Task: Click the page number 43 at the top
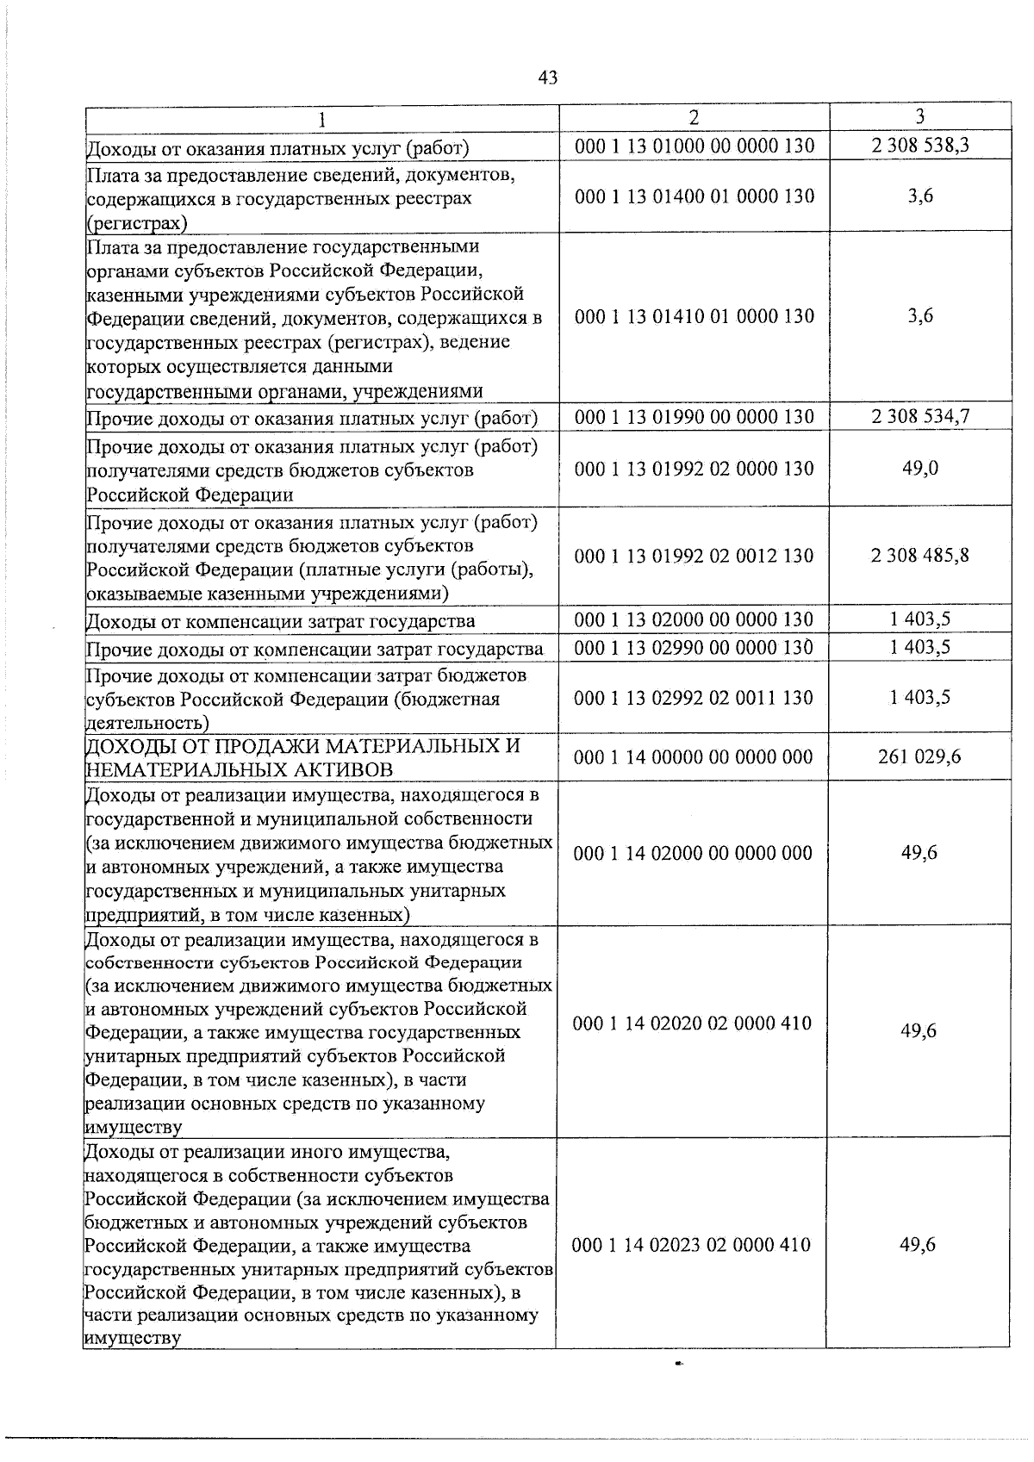tap(547, 78)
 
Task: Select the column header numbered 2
tap(695, 116)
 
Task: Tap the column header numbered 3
tap(920, 116)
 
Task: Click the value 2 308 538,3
tap(920, 146)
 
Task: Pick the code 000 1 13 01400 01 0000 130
tap(694, 196)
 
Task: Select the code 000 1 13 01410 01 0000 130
tap(694, 316)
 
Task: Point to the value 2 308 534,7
tap(920, 417)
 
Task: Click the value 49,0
tap(920, 468)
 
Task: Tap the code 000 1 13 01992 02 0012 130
tap(694, 556)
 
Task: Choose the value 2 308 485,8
tap(920, 556)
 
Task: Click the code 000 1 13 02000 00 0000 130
tap(694, 619)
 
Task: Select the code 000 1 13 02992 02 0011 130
tap(694, 698)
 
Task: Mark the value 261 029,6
tap(920, 757)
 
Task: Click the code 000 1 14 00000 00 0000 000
tap(693, 757)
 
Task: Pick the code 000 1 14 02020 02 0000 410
tap(693, 1023)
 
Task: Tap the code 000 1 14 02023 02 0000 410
tap(693, 1244)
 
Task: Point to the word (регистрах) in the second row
tap(136, 223)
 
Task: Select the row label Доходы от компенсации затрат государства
tap(281, 621)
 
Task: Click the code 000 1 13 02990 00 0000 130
tap(694, 648)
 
